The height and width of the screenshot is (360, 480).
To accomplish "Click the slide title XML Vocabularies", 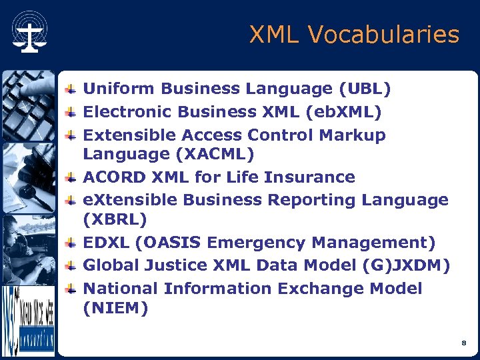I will tap(354, 35).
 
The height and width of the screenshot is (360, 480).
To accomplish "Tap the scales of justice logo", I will tap(29, 34).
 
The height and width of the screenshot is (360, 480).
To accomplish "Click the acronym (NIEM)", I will tap(115, 308).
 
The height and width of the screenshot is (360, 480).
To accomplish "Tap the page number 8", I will tap(463, 343).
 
